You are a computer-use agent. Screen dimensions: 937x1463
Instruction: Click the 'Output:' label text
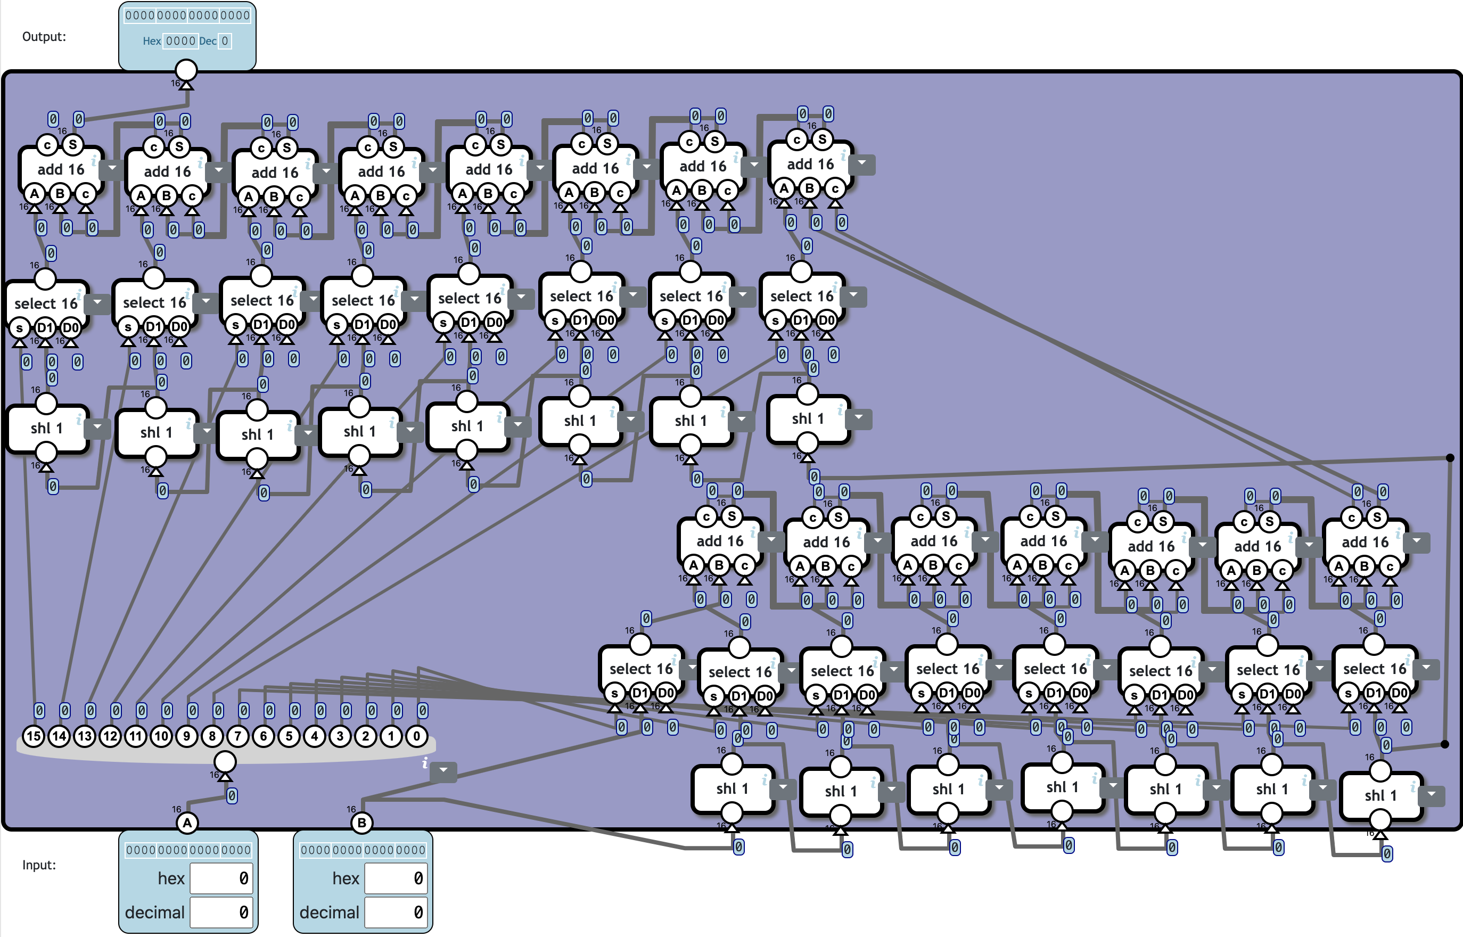pos(44,37)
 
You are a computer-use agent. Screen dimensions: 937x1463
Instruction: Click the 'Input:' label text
pos(39,865)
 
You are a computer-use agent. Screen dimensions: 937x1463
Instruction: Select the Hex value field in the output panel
pos(180,42)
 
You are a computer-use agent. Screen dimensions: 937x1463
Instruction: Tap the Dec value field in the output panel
pos(225,42)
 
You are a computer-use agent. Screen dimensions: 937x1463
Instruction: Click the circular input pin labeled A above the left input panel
pos(187,823)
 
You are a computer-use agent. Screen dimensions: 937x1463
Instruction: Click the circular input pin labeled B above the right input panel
pos(362,823)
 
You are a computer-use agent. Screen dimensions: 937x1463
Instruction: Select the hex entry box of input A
pos(221,878)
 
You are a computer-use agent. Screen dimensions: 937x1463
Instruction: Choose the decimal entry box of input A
pos(221,912)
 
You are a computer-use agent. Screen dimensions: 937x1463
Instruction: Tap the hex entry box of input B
pos(396,878)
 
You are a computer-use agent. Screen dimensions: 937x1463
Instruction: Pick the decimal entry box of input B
pos(396,912)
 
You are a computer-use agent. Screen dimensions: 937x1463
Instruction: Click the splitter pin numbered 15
pos(34,736)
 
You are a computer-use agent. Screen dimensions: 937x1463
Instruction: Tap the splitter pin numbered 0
pos(417,736)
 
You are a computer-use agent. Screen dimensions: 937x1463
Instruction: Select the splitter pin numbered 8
pos(212,736)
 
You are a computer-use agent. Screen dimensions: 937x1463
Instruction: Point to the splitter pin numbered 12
pos(110,736)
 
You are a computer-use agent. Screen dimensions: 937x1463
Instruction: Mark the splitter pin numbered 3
pos(340,736)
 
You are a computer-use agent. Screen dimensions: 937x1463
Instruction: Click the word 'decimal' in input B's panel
pos(329,912)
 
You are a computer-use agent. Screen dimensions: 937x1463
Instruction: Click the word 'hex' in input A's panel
pos(171,878)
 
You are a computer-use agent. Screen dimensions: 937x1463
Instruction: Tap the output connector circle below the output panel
pos(186,70)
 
